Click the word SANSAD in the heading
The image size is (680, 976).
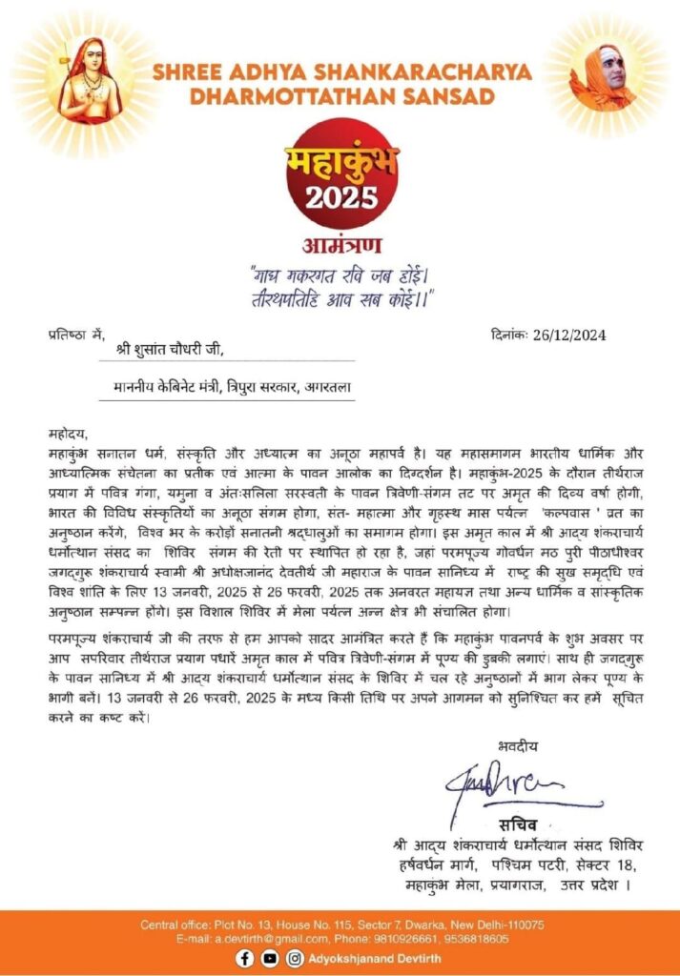[446, 96]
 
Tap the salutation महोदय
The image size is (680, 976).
[68, 432]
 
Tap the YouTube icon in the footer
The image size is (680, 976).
[270, 958]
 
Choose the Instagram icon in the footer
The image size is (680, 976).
[295, 958]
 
